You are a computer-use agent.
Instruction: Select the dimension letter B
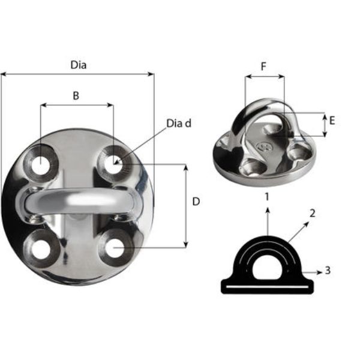[76, 95]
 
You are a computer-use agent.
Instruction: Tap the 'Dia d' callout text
[179, 124]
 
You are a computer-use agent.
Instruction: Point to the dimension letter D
[196, 202]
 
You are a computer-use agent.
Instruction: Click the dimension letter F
[264, 67]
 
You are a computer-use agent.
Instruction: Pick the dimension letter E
[332, 121]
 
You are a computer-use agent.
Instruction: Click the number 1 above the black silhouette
[268, 196]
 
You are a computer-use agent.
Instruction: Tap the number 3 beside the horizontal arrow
[328, 271]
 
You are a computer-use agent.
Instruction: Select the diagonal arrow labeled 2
[298, 231]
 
